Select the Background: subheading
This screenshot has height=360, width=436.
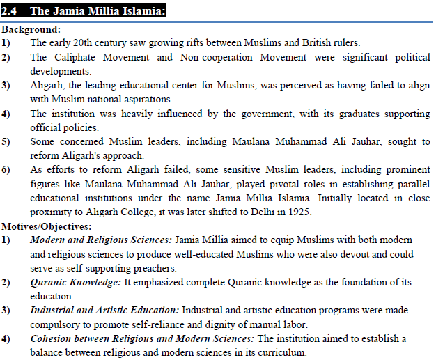pyautogui.click(x=31, y=30)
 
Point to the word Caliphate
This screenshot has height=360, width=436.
pyautogui.click(x=81, y=56)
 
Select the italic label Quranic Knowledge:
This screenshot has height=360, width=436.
pyautogui.click(x=75, y=283)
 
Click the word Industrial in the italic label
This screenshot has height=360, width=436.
pyautogui.click(x=54, y=311)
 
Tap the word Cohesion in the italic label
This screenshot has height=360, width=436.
pyautogui.click(x=53, y=339)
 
